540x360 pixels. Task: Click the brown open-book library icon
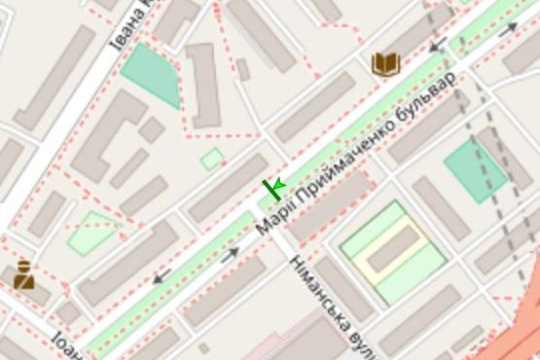coord(386,64)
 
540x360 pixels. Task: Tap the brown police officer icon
coord(24,275)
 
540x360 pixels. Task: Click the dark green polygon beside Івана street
coord(150,72)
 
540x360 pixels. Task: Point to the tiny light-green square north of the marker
coord(211,159)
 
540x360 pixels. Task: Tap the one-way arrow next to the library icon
coord(438,44)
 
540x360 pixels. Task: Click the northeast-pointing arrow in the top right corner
coord(508,29)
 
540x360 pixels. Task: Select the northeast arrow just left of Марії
coord(231,256)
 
